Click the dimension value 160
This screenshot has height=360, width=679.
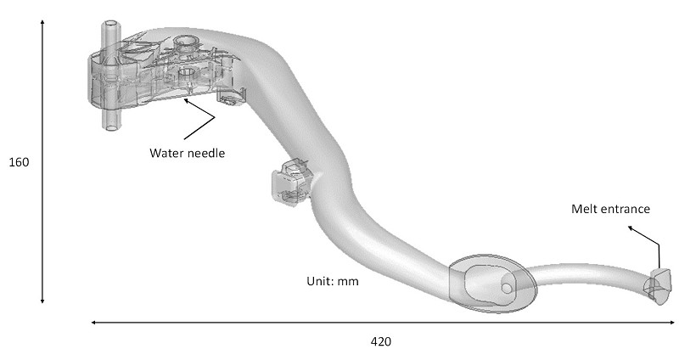[19, 162]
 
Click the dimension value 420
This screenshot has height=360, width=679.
[381, 342]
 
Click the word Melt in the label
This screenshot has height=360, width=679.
[583, 209]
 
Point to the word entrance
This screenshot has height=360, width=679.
[624, 209]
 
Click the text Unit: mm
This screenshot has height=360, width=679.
[333, 281]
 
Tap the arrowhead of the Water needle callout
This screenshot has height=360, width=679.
[186, 100]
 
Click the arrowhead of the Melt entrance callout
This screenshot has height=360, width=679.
[631, 228]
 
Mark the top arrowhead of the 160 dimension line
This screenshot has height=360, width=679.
[42, 22]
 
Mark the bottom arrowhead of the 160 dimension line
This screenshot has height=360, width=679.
[42, 301]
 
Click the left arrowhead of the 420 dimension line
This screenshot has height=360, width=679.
[93, 323]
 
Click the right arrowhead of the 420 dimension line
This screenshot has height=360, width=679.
[671, 323]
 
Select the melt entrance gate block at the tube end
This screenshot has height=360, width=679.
[659, 286]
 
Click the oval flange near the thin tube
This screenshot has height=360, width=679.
[493, 284]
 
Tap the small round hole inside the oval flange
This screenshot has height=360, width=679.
[506, 288]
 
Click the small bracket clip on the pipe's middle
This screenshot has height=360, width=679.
[289, 182]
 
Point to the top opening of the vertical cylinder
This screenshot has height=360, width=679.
[111, 24]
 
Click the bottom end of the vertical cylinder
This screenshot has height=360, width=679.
[111, 127]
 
